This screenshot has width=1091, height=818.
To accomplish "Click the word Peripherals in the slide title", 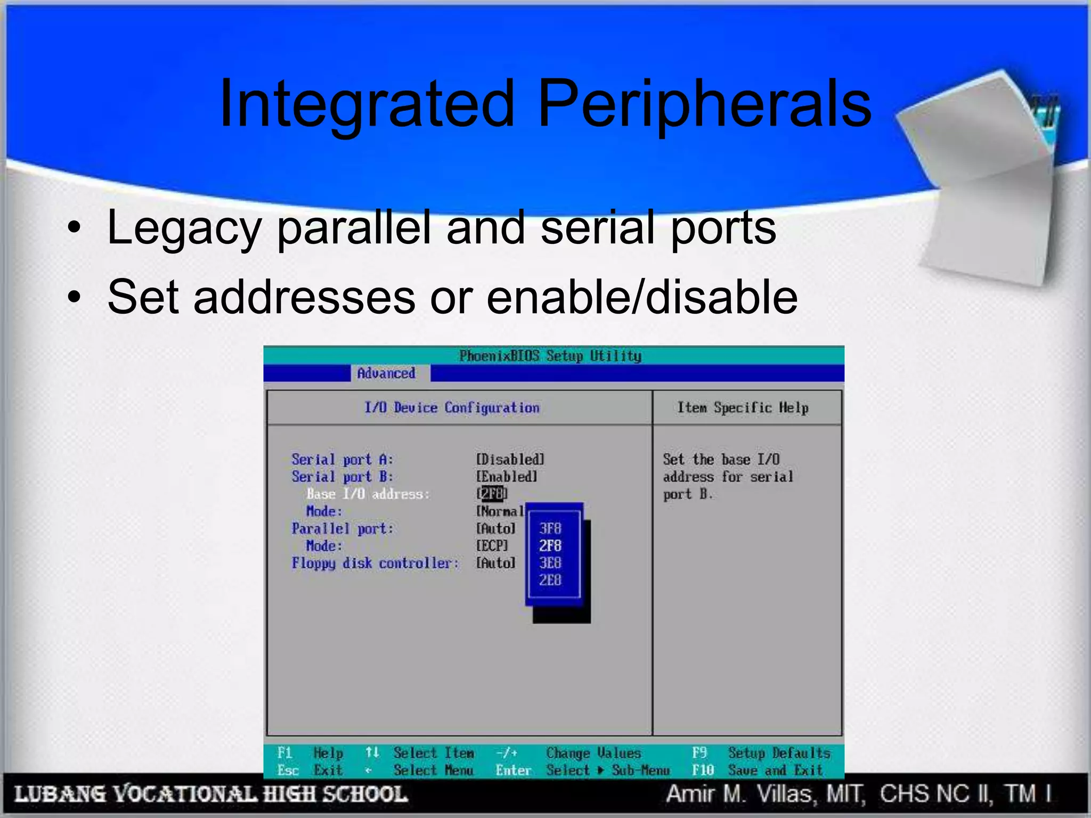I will (x=704, y=104).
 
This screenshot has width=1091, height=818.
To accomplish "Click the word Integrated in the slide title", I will (x=367, y=104).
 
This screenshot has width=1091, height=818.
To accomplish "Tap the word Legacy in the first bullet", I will (x=184, y=228).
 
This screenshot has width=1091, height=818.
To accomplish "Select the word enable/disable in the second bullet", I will (x=642, y=297).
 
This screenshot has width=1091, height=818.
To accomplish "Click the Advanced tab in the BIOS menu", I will (x=386, y=373).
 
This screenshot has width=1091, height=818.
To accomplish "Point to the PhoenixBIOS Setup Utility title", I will (x=550, y=356).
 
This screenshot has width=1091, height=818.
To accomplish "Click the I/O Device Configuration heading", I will (x=452, y=408).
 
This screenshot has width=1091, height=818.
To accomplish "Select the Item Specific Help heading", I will (x=743, y=408).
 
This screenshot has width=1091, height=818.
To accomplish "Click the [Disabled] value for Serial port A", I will (x=510, y=459).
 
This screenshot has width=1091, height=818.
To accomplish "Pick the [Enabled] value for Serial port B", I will (x=506, y=477).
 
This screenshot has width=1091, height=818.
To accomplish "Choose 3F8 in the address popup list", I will (x=550, y=528).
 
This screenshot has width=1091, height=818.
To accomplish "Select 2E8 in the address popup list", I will (x=550, y=580).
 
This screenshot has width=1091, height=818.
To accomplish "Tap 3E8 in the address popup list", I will (x=550, y=563).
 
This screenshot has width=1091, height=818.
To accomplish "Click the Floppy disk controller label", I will (x=375, y=563).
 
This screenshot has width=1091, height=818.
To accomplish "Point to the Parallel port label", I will (x=343, y=529).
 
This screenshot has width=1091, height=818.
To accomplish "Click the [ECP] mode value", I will (x=492, y=546).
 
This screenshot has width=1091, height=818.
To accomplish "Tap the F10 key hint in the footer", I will (x=703, y=770).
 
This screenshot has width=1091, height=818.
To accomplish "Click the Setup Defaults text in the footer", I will (x=779, y=753).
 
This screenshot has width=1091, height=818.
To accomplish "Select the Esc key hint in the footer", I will (x=288, y=770).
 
